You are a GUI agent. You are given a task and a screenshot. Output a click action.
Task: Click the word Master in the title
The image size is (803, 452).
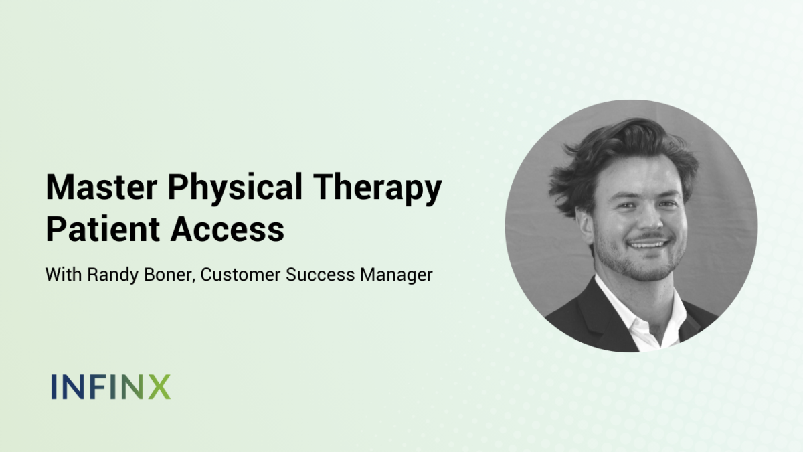tap(102, 187)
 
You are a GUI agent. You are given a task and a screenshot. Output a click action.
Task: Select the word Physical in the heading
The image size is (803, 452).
tap(235, 190)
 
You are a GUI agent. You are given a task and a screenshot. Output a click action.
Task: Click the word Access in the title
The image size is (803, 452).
tap(228, 229)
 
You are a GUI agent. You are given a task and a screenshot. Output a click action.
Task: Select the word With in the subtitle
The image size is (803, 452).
tap(64, 275)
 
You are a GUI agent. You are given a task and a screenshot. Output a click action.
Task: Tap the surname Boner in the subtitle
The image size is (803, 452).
tap(169, 275)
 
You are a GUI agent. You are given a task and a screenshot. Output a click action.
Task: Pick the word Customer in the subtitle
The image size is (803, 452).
tap(240, 275)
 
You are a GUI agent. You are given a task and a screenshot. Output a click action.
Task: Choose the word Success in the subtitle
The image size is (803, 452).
tap(320, 275)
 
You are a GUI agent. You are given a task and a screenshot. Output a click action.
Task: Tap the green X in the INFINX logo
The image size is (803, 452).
tap(159, 387)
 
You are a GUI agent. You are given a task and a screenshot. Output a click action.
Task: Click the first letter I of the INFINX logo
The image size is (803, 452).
tap(54, 387)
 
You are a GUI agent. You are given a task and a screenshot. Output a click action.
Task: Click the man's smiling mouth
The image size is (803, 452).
tap(648, 244)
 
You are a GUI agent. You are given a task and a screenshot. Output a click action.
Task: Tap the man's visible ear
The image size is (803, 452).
tap(584, 227)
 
